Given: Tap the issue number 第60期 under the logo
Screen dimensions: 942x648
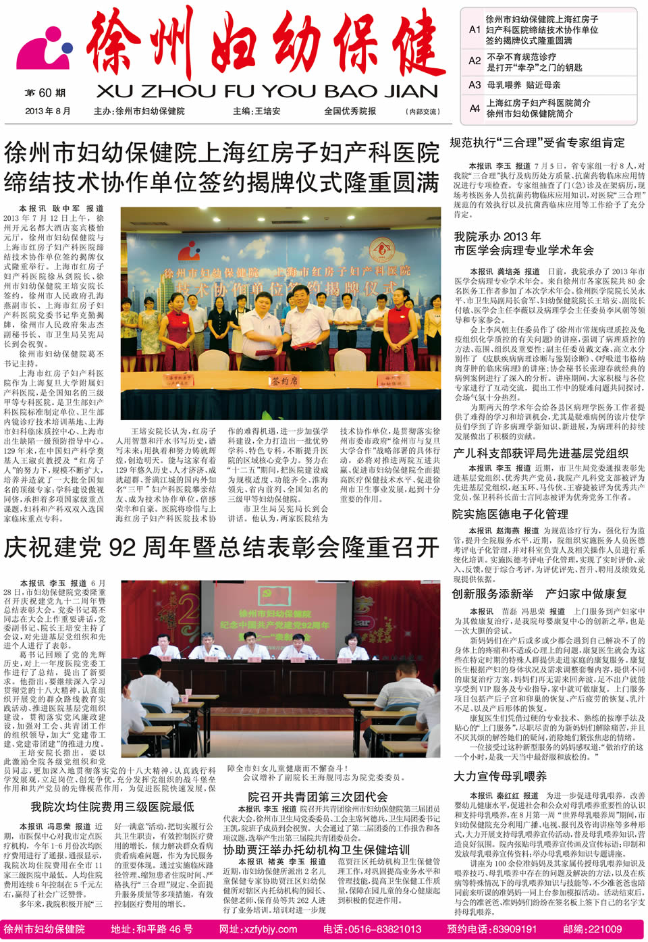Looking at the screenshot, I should (x=45, y=93).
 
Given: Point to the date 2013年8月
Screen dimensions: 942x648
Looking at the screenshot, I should (x=47, y=111).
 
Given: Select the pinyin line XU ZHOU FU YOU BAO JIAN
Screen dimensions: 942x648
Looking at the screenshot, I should (x=267, y=91).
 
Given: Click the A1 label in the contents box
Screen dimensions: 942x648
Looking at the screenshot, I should (x=475, y=30).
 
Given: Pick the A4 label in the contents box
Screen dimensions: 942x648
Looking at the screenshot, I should (x=475, y=108).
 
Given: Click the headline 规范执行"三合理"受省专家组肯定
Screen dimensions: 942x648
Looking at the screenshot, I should (x=537, y=143).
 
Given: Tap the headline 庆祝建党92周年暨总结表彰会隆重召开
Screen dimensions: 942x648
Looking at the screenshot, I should (x=221, y=547).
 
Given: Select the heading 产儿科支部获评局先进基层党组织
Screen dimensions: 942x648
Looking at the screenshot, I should (x=541, y=453).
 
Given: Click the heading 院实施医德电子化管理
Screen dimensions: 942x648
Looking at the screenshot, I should (x=510, y=514).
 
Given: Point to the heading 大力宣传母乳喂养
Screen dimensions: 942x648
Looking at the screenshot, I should (x=500, y=777).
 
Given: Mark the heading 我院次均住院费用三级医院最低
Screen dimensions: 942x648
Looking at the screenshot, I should (x=112, y=806).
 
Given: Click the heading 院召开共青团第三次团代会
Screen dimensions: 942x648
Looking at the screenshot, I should (x=317, y=797).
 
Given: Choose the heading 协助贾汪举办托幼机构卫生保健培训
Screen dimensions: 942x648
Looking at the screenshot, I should (x=317, y=849).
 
